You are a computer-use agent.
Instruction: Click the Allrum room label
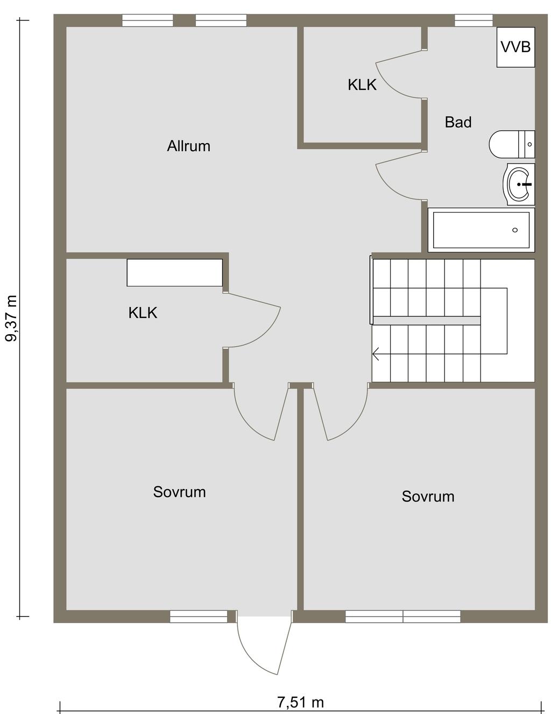[x=188, y=146]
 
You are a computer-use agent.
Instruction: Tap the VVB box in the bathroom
[x=515, y=47]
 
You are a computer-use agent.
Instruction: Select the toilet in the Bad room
[x=512, y=144]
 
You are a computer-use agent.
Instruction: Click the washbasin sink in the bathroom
[x=519, y=184]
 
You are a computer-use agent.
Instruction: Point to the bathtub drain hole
[x=515, y=230]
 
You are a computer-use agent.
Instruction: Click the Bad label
[x=458, y=122]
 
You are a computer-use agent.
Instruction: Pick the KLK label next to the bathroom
[x=362, y=85]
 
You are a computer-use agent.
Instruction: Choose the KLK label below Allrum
[x=143, y=313]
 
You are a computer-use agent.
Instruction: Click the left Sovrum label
[x=179, y=492]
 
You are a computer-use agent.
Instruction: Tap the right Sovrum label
[x=428, y=496]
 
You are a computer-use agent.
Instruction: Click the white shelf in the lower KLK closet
[x=175, y=273]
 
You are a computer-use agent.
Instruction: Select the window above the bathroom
[x=474, y=20]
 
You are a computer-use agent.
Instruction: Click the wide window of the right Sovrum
[x=403, y=617]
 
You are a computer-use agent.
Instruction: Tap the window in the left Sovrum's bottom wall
[x=199, y=617]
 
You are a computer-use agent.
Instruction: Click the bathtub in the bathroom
[x=481, y=230]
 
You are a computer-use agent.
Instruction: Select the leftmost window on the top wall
[x=147, y=20]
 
